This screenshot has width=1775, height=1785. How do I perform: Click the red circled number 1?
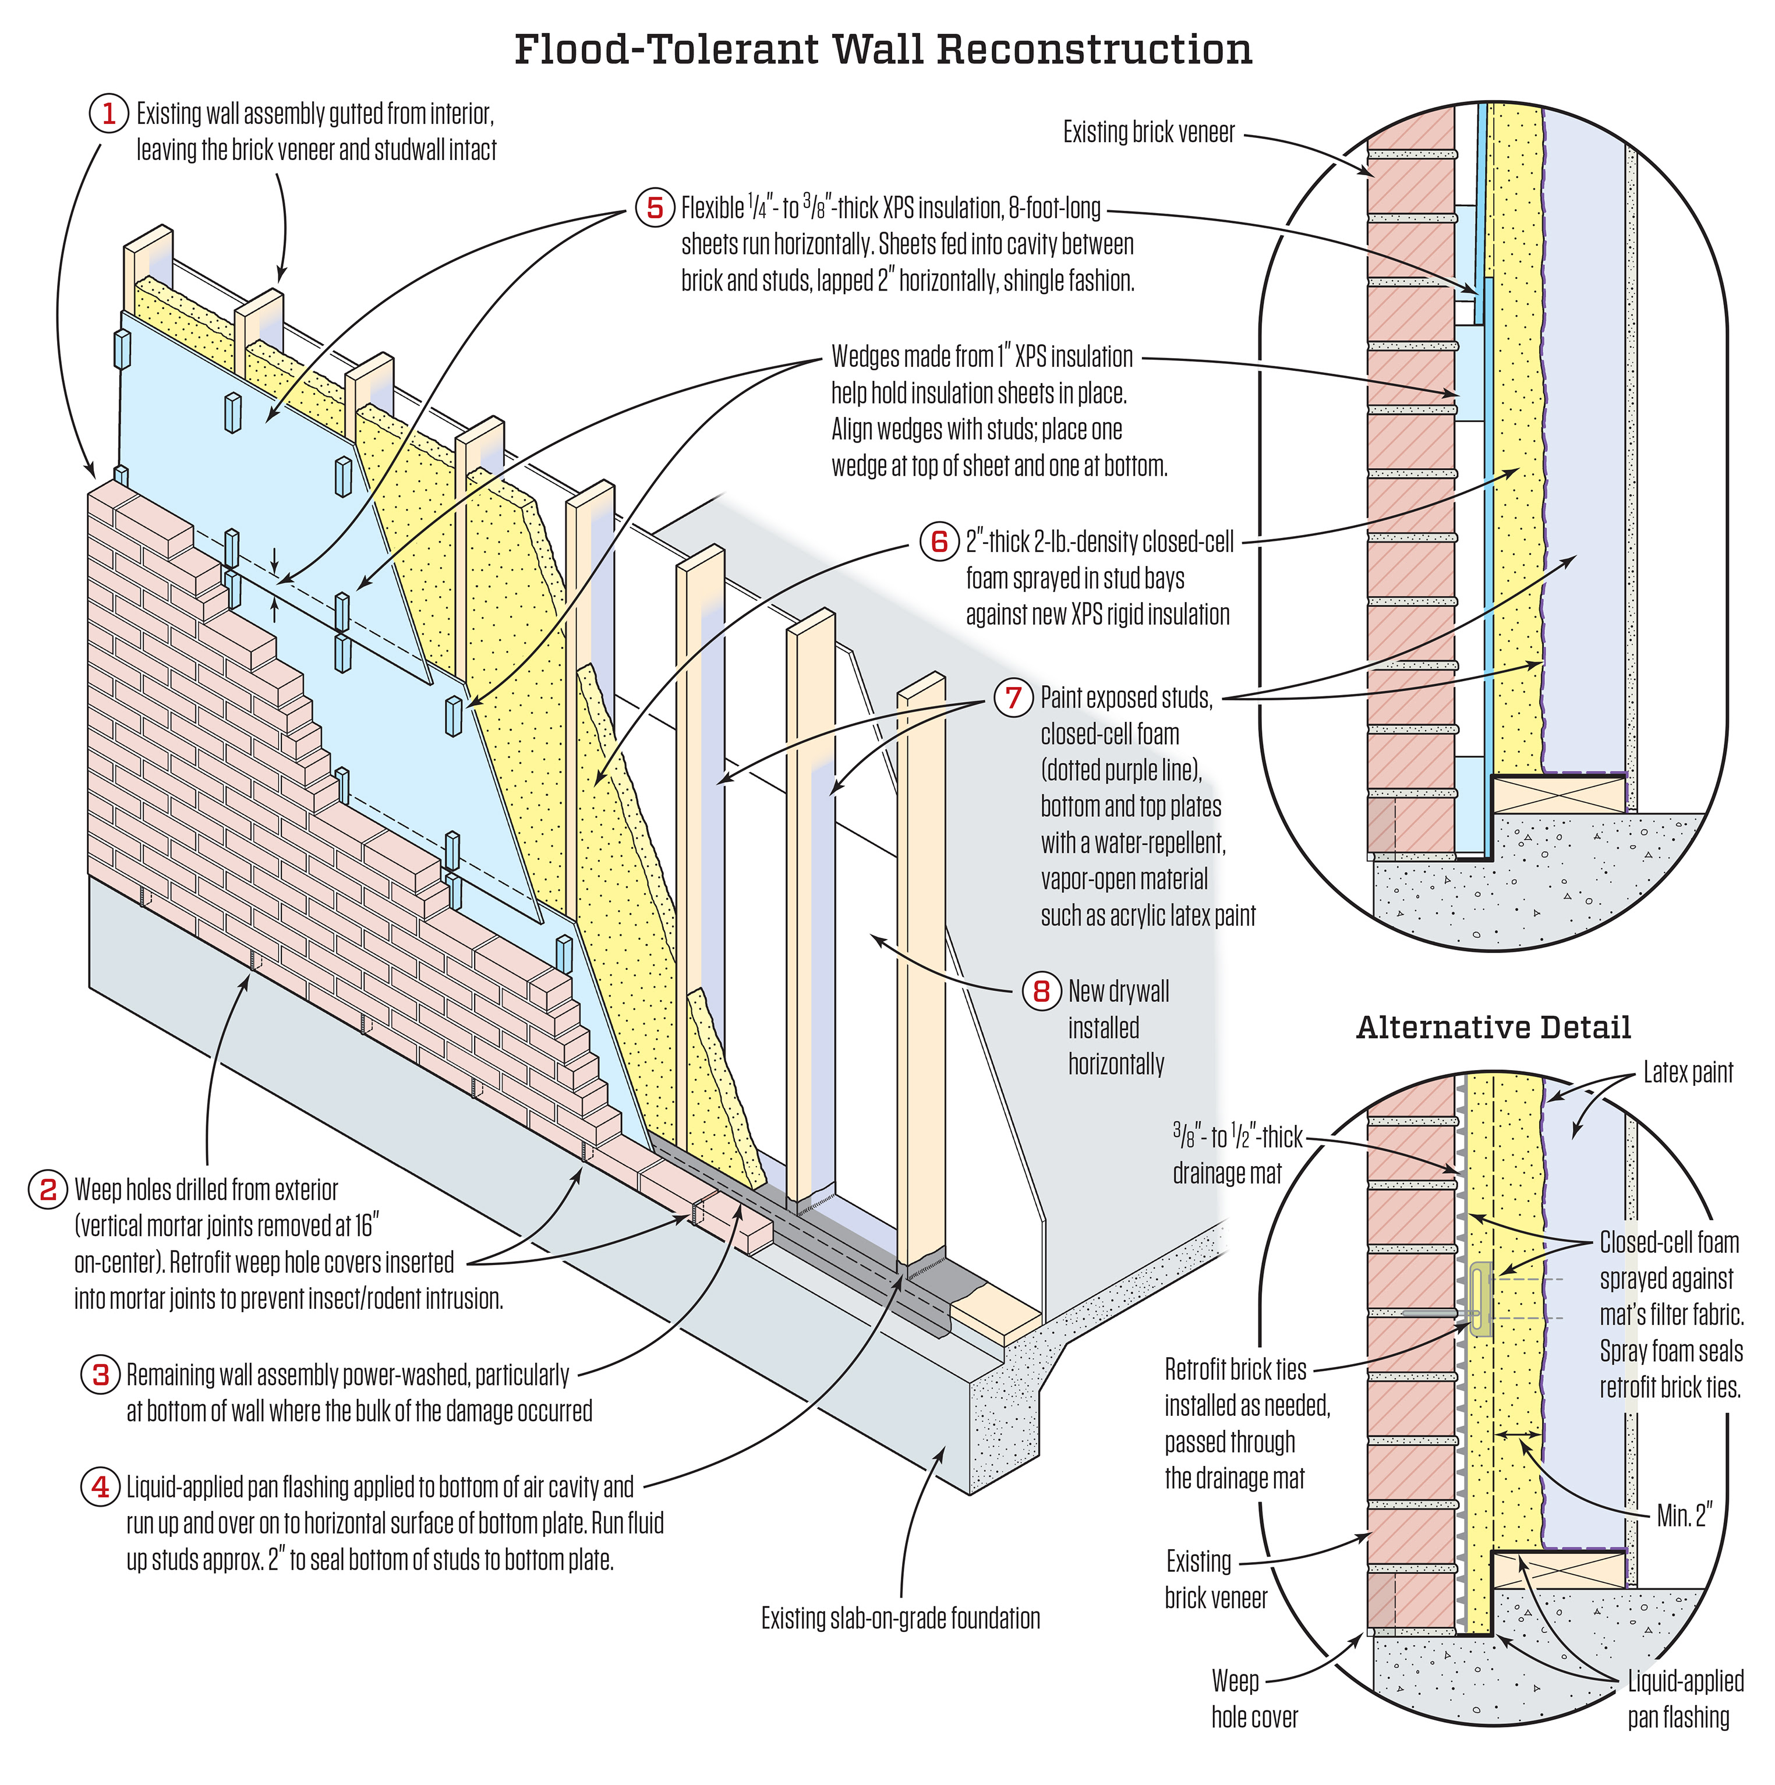pyautogui.click(x=108, y=114)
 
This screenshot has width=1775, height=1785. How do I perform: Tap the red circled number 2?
pyautogui.click(x=48, y=1189)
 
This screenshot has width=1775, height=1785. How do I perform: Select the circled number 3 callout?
pyautogui.click(x=100, y=1375)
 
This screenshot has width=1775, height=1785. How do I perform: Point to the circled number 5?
pyautogui.click(x=654, y=208)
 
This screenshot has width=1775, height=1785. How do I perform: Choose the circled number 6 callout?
pyautogui.click(x=939, y=541)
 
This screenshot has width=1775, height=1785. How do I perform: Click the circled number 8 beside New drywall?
pyautogui.click(x=1041, y=991)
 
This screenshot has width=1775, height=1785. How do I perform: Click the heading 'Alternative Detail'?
pyautogui.click(x=1493, y=1028)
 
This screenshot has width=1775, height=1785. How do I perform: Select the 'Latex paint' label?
pyautogui.click(x=1687, y=1072)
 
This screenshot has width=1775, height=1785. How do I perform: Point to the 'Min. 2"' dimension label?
pyautogui.click(x=1685, y=1516)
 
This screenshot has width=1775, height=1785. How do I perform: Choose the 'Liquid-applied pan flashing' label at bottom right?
pyautogui.click(x=1685, y=1699)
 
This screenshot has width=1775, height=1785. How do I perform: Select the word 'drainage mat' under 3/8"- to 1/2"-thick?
pyautogui.click(x=1227, y=1173)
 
